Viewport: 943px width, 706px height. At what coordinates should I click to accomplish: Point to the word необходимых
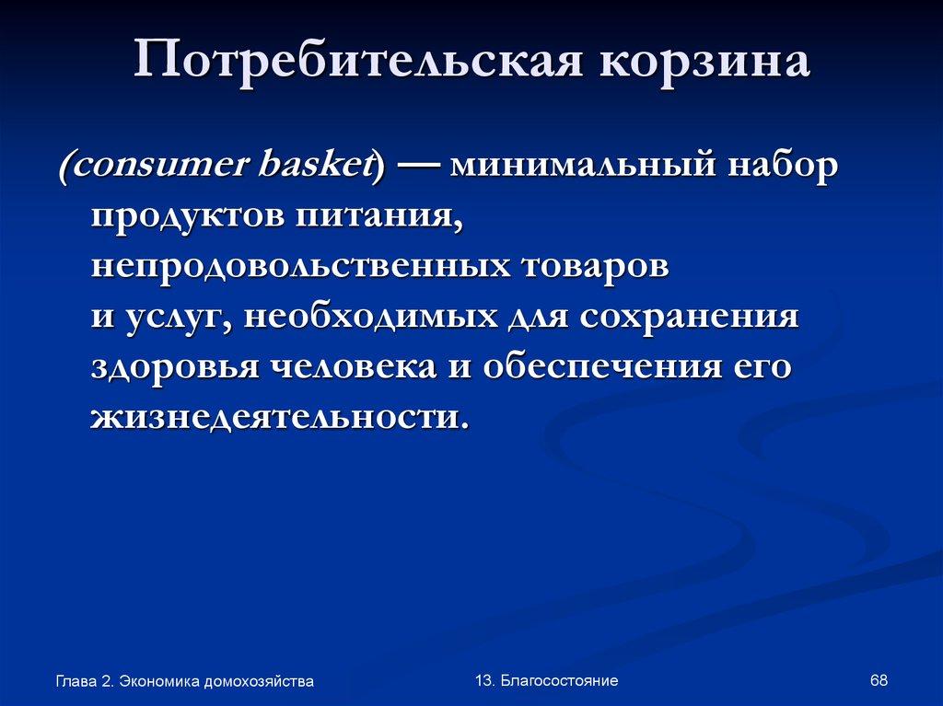click(x=363, y=318)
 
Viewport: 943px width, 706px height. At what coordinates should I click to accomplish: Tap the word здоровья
click(x=173, y=367)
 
